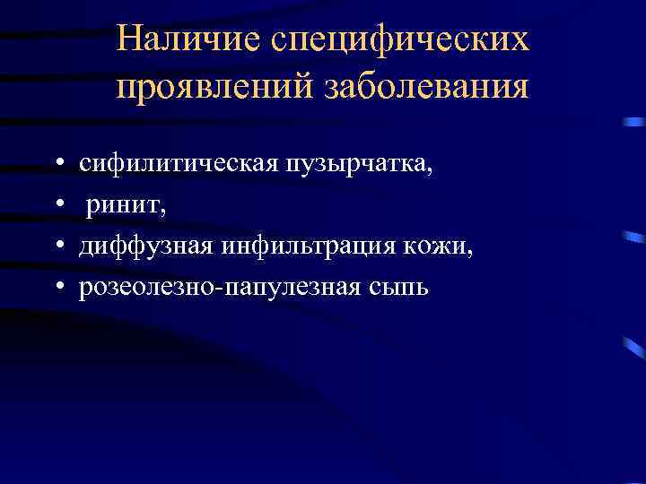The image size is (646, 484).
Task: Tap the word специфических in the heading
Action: [399, 41]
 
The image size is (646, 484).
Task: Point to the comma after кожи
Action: [470, 253]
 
